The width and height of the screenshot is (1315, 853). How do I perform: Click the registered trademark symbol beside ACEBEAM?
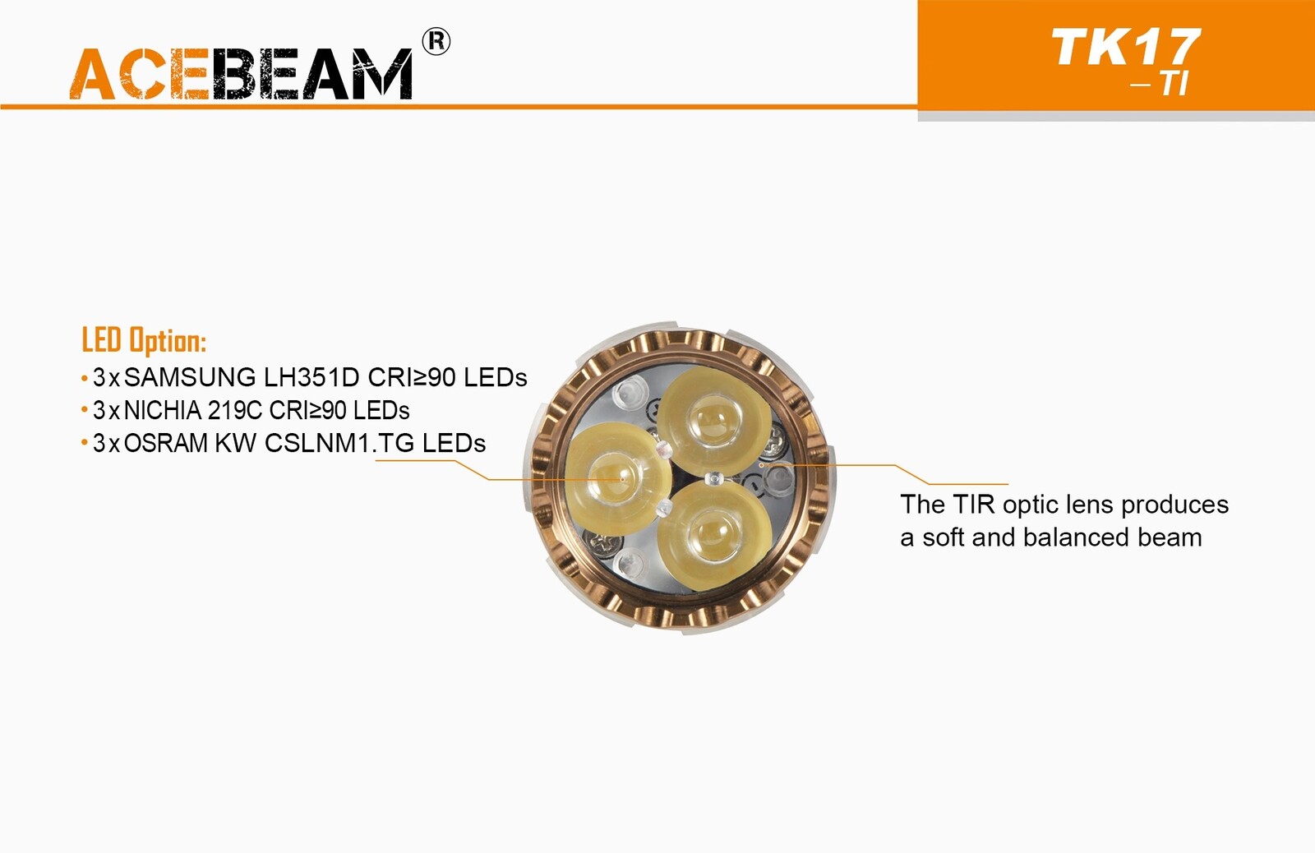tap(436, 42)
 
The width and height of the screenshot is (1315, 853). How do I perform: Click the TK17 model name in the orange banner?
tap(1125, 48)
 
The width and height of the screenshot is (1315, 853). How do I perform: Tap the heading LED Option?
tap(144, 340)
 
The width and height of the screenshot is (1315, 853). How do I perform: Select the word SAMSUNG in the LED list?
tap(190, 377)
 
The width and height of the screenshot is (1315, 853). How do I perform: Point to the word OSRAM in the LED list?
tap(166, 443)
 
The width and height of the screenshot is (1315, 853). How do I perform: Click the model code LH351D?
tap(311, 377)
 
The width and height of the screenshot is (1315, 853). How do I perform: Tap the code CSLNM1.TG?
tap(339, 443)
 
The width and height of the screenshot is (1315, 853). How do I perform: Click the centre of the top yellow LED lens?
tap(713, 418)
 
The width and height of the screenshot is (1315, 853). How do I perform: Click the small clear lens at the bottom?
tap(632, 565)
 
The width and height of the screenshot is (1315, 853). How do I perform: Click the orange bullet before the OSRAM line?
tap(84, 443)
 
